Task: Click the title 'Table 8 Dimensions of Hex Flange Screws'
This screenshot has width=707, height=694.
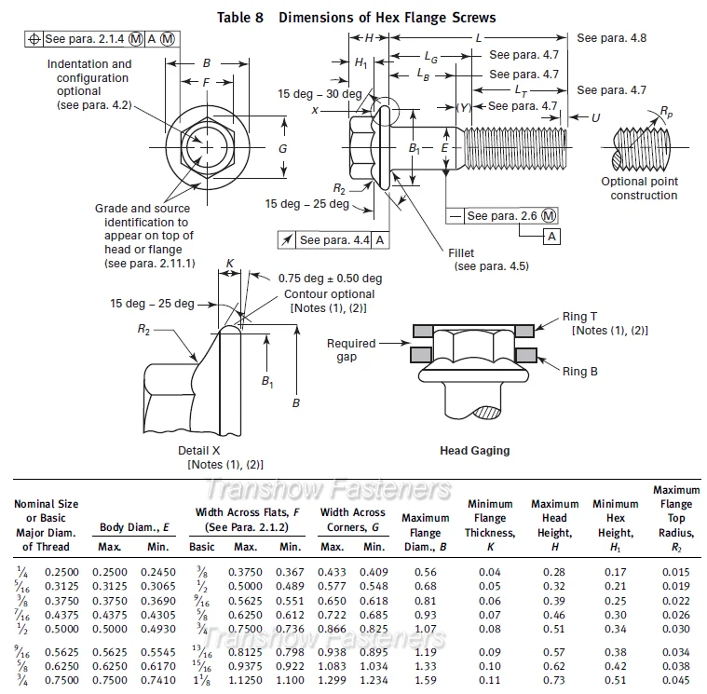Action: [x=356, y=17]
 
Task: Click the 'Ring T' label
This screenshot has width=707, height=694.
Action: [x=579, y=317]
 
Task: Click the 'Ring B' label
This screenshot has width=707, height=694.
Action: [x=580, y=372]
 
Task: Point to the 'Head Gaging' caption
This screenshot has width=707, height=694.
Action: [x=474, y=451]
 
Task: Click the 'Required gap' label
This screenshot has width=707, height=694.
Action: [x=351, y=350]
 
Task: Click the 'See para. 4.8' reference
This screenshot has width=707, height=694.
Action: [x=611, y=38]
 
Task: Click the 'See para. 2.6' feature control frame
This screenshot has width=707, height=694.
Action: [x=503, y=216]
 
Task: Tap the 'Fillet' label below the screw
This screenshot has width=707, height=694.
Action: [x=460, y=252]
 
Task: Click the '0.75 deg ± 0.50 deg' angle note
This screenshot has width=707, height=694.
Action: [x=330, y=279]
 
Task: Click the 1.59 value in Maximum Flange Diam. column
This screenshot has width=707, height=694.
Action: [x=427, y=681]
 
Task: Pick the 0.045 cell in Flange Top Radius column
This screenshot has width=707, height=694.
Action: [x=676, y=681]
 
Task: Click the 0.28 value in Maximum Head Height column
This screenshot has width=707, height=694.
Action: [x=554, y=571]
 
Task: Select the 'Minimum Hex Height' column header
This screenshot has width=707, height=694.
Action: [x=615, y=526]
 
